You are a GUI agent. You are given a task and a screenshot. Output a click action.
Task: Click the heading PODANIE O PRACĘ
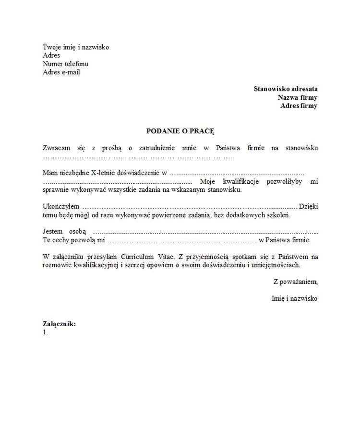180,130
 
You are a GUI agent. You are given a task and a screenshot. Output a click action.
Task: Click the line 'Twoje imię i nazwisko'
76,47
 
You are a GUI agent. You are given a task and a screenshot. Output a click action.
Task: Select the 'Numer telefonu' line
65,64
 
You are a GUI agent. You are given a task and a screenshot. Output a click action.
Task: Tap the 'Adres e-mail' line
61,72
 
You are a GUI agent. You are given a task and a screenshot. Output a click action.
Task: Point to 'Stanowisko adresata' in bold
286,89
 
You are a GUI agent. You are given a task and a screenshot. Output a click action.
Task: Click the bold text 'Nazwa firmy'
298,97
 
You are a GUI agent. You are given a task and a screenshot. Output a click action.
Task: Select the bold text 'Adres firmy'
299,106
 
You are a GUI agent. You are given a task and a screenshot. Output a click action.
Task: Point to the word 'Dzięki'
308,206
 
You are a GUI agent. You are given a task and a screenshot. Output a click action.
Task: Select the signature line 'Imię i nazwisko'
294,298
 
